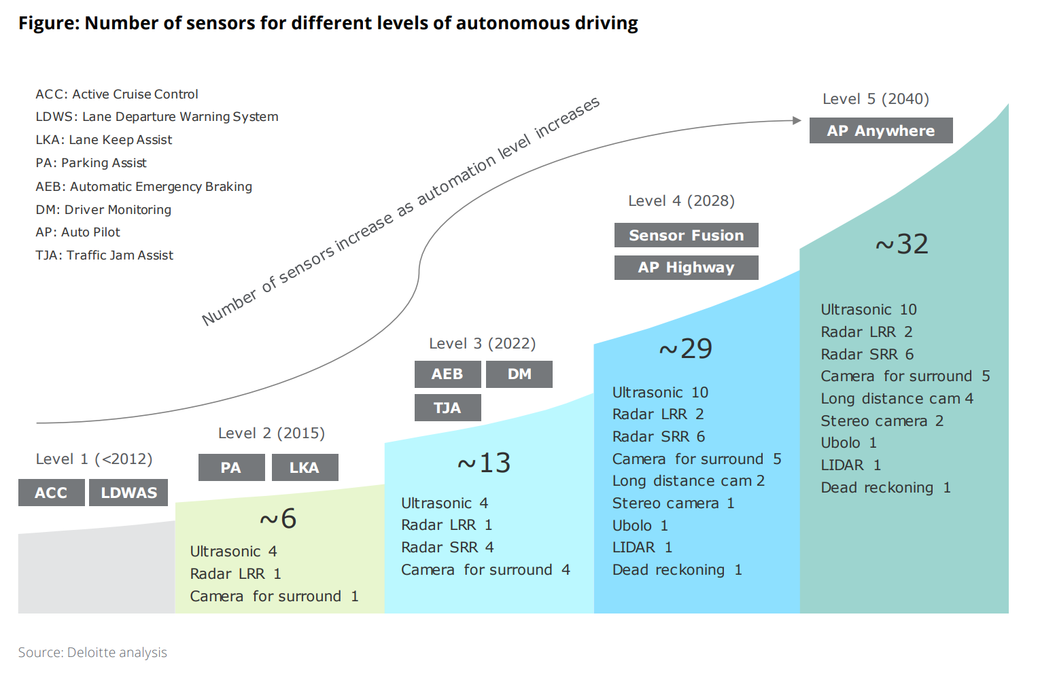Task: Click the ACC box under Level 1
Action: (x=52, y=493)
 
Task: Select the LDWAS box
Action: (x=128, y=493)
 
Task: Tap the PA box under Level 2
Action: (x=231, y=467)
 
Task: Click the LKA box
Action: (x=305, y=467)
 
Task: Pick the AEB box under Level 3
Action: (x=447, y=374)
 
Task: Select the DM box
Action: (x=519, y=374)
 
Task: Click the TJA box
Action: (x=447, y=408)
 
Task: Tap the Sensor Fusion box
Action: (x=686, y=235)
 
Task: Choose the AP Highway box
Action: (x=686, y=268)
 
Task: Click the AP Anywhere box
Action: (x=880, y=130)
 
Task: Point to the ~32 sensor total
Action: (x=901, y=245)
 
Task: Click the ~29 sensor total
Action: (x=685, y=349)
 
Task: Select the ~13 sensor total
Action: (x=484, y=463)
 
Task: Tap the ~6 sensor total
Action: (x=278, y=519)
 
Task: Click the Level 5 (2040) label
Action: (x=876, y=99)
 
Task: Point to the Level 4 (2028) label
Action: (x=681, y=201)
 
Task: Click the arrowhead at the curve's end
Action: (x=797, y=120)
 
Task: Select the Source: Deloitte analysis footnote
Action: (x=92, y=652)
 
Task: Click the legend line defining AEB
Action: (x=143, y=186)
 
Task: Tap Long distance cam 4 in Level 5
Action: (x=897, y=399)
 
